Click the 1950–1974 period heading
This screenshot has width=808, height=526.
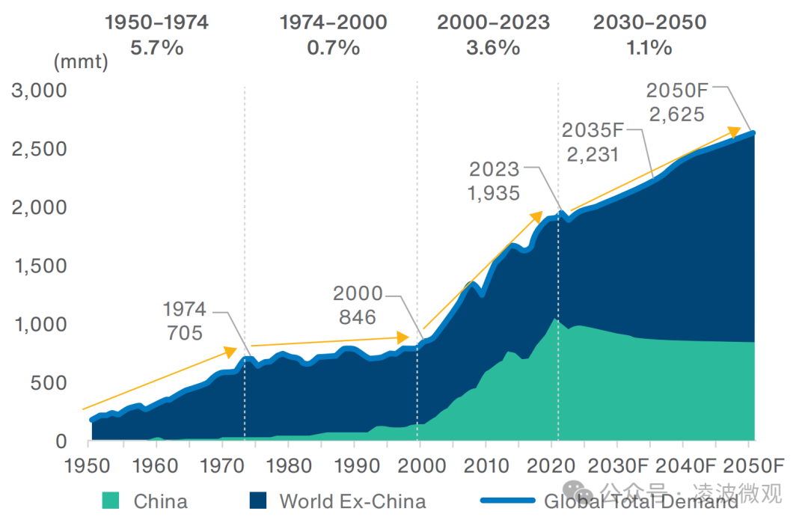[x=156, y=22]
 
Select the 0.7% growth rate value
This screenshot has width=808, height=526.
[x=333, y=49]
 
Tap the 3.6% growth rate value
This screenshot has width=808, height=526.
[x=493, y=49]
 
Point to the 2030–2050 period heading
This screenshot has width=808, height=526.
[x=649, y=22]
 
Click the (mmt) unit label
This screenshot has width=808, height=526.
[x=81, y=62]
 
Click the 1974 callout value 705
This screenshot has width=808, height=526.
[x=185, y=332]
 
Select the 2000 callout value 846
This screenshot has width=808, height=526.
[x=358, y=316]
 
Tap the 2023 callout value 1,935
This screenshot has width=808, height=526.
[x=493, y=193]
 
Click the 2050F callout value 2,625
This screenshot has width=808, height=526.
[x=676, y=114]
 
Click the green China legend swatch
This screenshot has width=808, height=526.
[x=110, y=501]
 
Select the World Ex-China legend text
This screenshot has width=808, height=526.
[x=352, y=501]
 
